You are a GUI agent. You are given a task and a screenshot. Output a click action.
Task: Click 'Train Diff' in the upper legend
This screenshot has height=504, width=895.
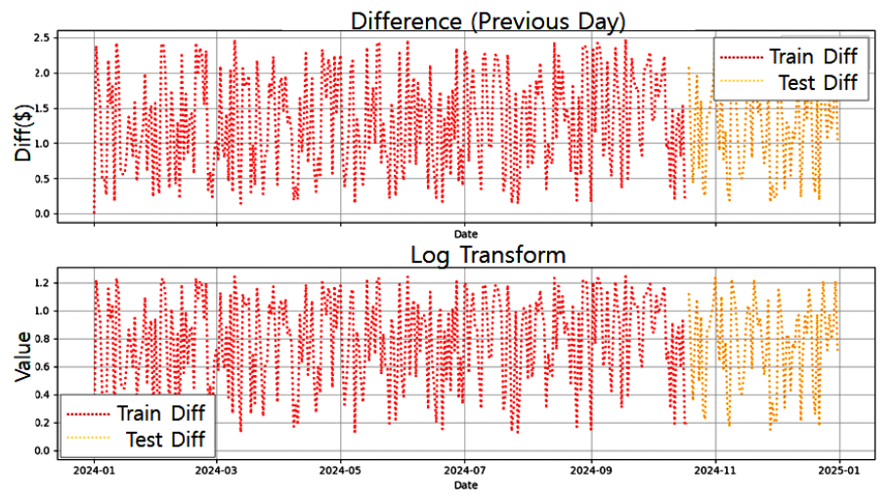click(813, 56)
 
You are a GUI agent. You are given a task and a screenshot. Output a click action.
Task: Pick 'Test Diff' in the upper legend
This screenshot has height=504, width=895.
click(818, 82)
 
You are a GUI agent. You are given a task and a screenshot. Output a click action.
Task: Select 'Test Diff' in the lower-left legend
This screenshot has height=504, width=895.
click(166, 439)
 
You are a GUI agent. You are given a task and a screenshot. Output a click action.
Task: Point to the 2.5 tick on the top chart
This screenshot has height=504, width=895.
click(41, 37)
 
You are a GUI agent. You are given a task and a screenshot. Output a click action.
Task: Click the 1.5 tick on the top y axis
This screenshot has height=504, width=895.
click(41, 107)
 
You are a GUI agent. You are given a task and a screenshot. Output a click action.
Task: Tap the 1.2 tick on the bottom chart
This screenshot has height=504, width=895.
click(41, 283)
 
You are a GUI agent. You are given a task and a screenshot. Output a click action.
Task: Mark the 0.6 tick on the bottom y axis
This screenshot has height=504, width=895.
click(41, 367)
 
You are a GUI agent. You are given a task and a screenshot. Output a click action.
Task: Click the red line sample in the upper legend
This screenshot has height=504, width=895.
click(742, 57)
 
